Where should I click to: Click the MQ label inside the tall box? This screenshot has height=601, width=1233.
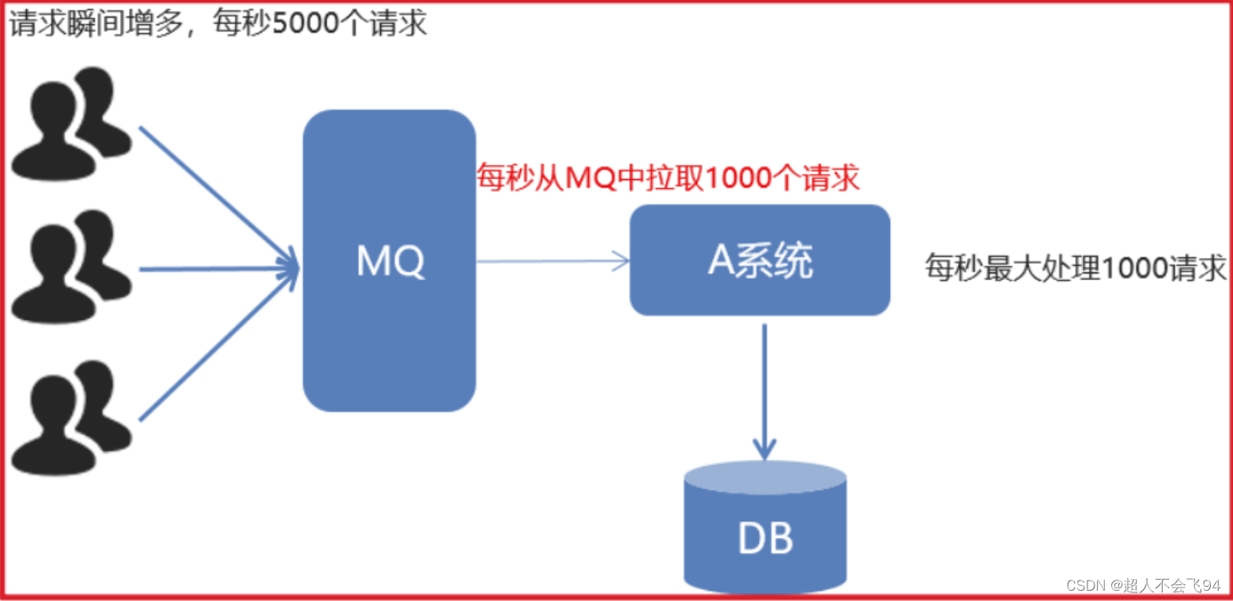pyautogui.click(x=390, y=261)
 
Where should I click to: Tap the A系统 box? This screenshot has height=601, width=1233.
pyautogui.click(x=760, y=261)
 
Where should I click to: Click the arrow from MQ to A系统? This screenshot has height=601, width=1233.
pyautogui.click(x=553, y=261)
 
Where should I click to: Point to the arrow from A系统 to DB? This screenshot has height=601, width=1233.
pyautogui.click(x=764, y=391)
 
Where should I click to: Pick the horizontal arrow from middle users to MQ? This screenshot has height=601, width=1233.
pyautogui.click(x=217, y=270)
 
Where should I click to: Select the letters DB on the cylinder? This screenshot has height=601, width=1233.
pyautogui.click(x=764, y=539)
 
